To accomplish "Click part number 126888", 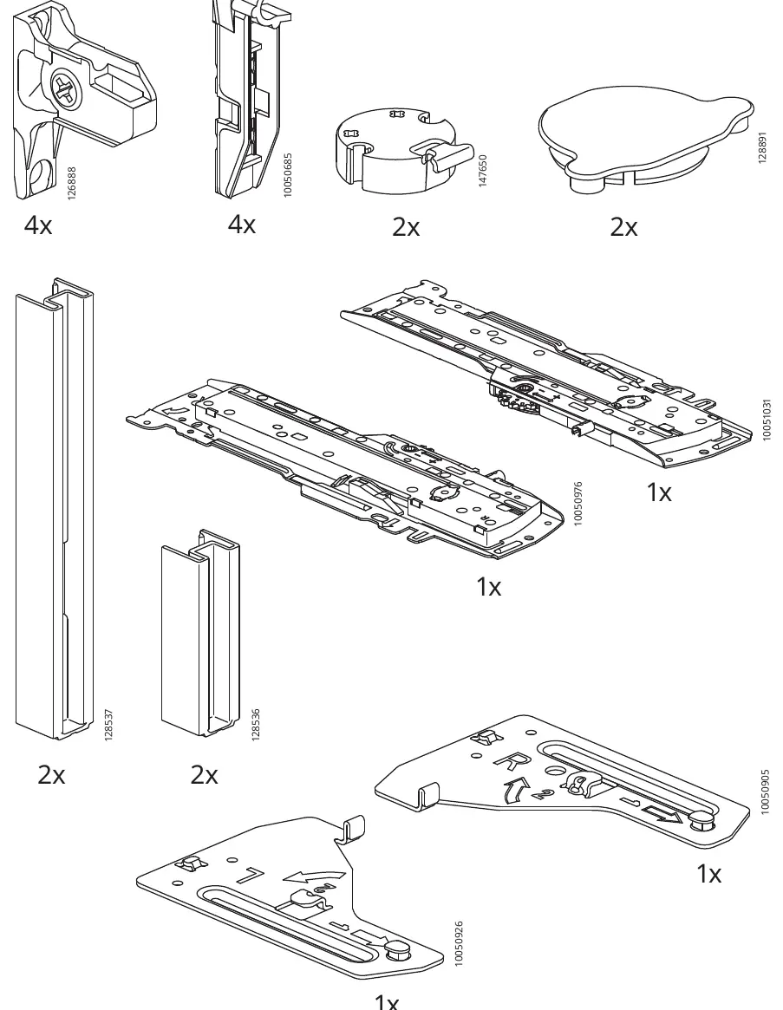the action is click(71, 183).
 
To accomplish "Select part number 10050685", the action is click(288, 174).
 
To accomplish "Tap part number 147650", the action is click(483, 171).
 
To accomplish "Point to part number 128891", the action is click(762, 147).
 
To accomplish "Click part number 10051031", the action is click(767, 420).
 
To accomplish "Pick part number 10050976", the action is click(578, 503).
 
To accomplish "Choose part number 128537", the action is click(109, 725).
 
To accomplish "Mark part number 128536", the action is click(256, 725).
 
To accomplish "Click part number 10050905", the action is click(765, 792).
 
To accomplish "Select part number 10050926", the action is click(458, 943).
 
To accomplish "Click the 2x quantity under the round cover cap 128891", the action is click(623, 227).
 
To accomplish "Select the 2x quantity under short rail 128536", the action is click(205, 774).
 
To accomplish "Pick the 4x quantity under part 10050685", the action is click(242, 225).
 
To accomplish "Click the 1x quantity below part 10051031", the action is click(659, 492).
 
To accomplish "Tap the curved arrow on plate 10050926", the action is click(315, 876).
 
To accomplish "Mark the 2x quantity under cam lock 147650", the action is click(406, 227).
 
